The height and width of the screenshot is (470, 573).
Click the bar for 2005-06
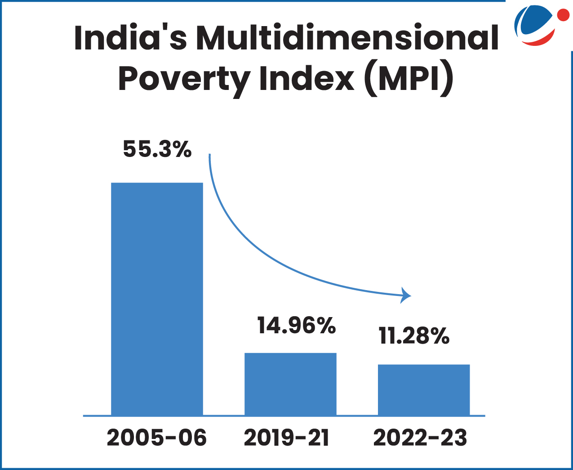(157, 299)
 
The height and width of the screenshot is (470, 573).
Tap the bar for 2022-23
(424, 389)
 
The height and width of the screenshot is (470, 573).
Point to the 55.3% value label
(157, 149)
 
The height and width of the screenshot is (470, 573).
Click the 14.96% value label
(297, 325)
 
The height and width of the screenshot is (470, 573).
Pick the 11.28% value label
(414, 336)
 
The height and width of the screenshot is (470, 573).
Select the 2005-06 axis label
(157, 438)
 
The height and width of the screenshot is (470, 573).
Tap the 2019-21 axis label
(287, 438)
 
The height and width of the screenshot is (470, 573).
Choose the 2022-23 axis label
(420, 438)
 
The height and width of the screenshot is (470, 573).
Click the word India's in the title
(130, 38)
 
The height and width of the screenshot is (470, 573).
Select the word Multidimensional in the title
(347, 38)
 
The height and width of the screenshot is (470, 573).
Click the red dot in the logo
(563, 15)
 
